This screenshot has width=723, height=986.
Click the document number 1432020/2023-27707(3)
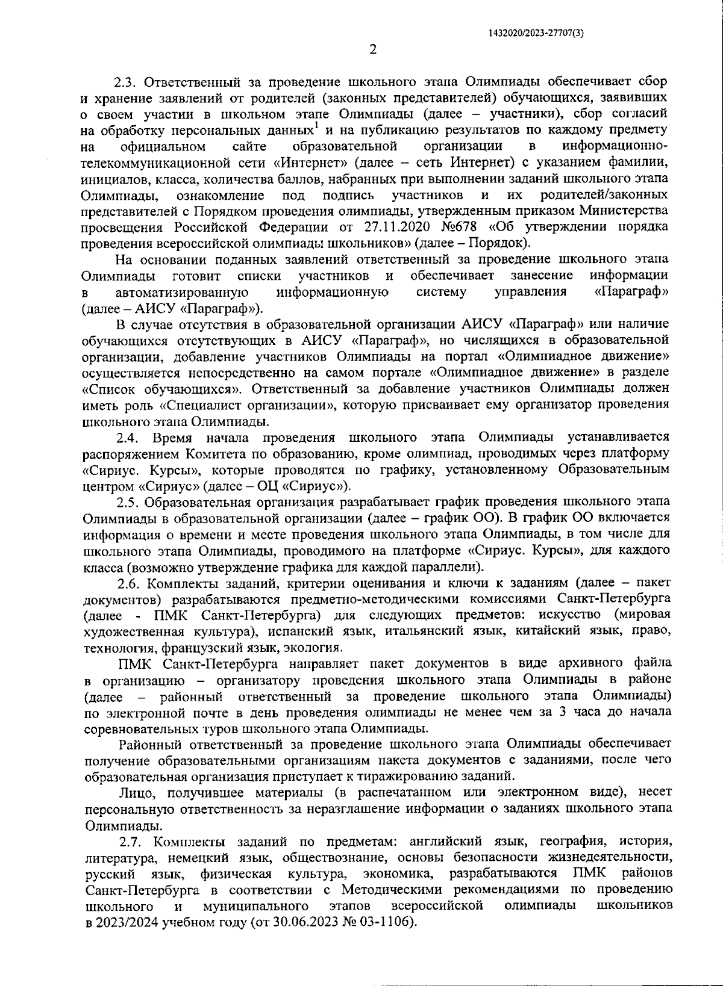click(535, 34)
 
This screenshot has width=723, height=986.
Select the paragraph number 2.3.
click(127, 81)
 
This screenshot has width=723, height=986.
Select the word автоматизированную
click(183, 293)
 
